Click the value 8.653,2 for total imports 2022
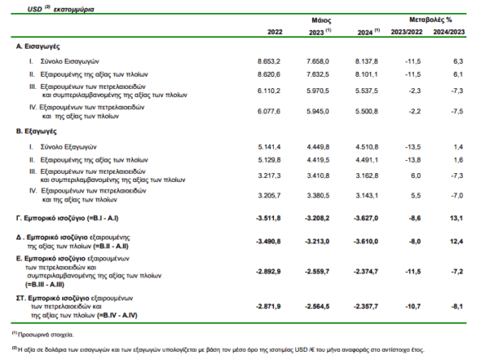pos(269,61)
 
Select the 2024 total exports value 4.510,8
pos(366,146)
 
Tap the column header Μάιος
pos(321,21)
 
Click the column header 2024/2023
pos(449,32)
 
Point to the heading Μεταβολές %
pos(430,19)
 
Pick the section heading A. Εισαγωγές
pos(38,46)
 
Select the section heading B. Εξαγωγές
pos(36,131)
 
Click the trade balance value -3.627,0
pos(366,218)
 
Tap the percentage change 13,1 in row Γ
pos(456,218)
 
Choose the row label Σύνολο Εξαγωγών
pos(69,146)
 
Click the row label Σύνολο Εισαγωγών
pos(70,61)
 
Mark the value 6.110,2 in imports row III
pos(269,91)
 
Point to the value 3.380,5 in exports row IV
pos(318,196)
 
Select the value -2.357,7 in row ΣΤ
pos(366,307)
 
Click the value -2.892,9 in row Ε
pos(268,272)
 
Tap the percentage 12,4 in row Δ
pos(456,241)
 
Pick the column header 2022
pos(275,32)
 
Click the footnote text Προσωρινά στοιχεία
pos(46,335)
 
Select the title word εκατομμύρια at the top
pos(74,9)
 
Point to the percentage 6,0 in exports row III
pos(415,176)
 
